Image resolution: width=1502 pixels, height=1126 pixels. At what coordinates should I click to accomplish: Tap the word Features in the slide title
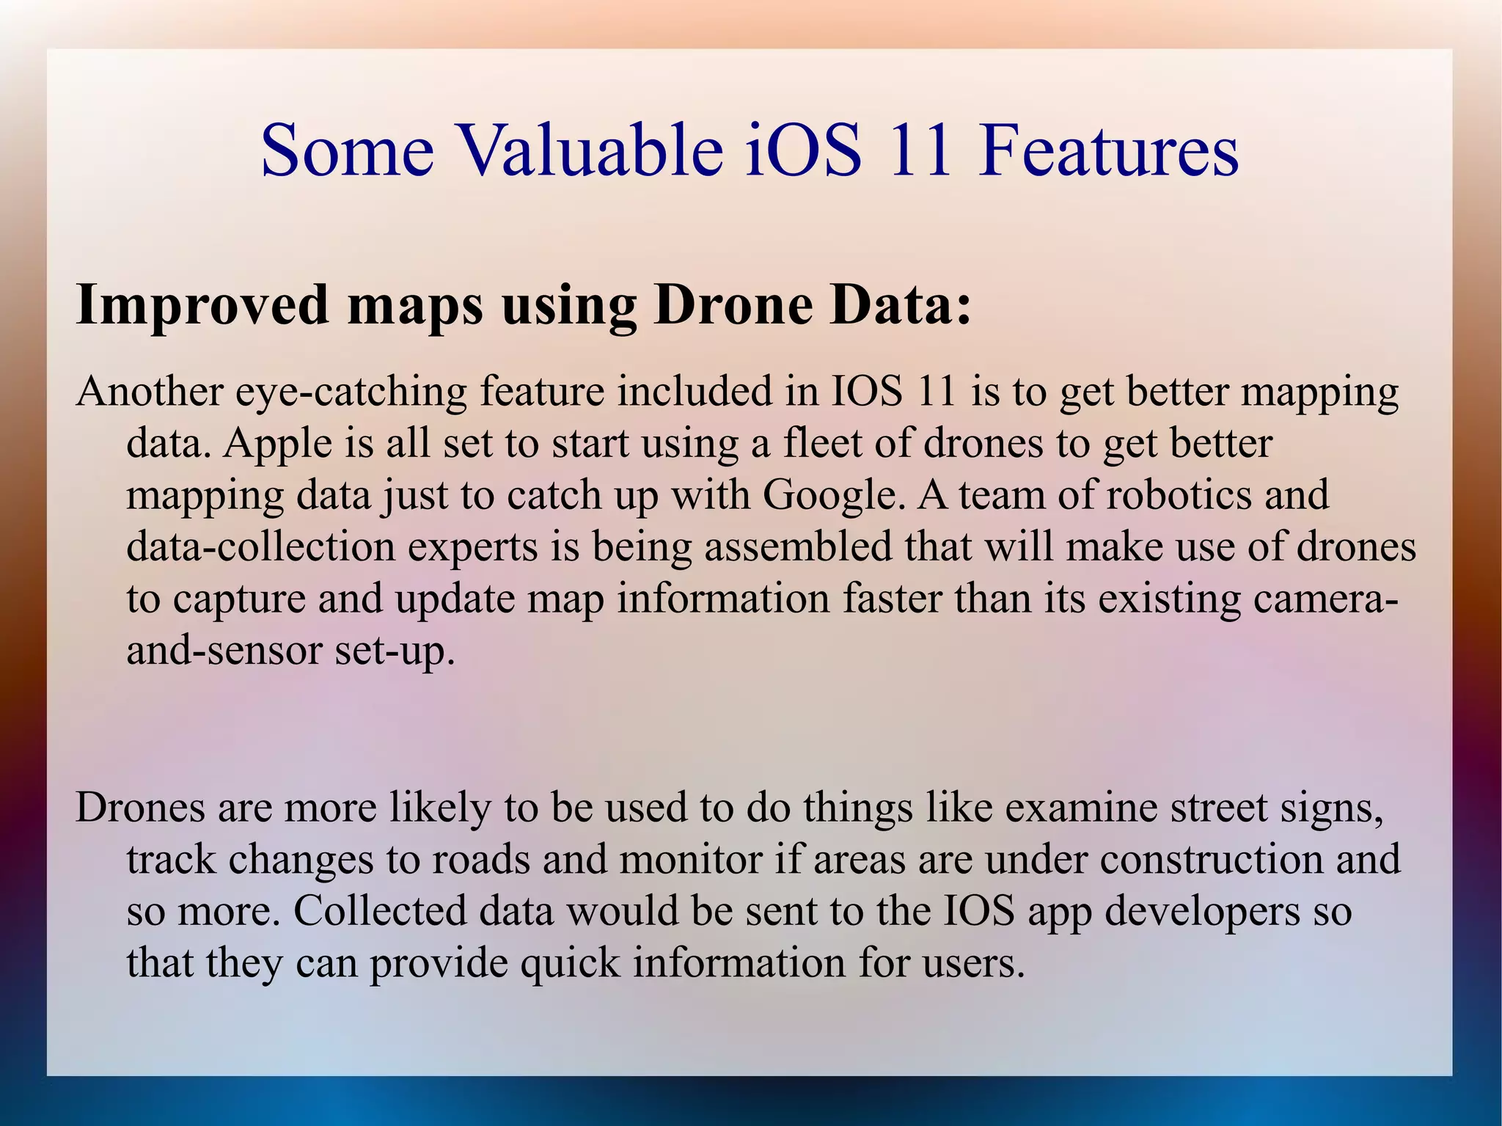(1108, 150)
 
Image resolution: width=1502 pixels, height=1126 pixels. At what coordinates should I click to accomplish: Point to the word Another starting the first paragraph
(149, 391)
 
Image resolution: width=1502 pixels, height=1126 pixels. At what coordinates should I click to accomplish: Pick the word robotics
(1179, 494)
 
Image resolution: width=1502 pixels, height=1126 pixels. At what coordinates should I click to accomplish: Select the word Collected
(380, 910)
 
